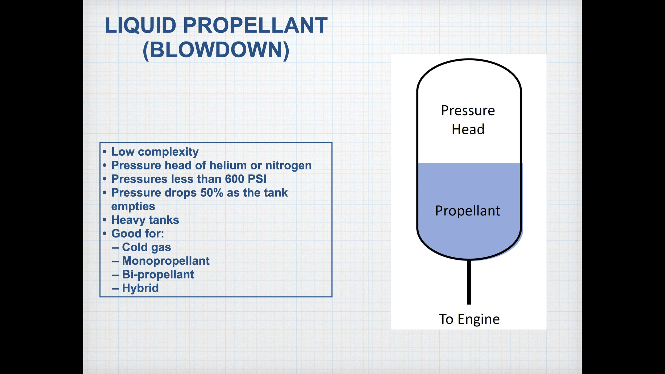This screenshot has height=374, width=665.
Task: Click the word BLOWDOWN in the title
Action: pyautogui.click(x=216, y=50)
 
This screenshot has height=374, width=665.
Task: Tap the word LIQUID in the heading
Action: pyautogui.click(x=140, y=26)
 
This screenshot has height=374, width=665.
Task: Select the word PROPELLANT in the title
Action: pyautogui.click(x=255, y=26)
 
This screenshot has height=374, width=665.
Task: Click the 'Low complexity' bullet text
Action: pyautogui.click(x=155, y=152)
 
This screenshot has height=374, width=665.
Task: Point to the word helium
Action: pyautogui.click(x=228, y=165)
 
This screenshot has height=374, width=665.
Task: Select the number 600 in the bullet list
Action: pyautogui.click(x=234, y=179)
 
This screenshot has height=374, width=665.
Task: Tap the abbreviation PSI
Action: pyautogui.click(x=257, y=179)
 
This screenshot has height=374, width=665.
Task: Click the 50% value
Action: pyautogui.click(x=212, y=193)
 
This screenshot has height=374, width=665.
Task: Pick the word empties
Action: pyautogui.click(x=133, y=206)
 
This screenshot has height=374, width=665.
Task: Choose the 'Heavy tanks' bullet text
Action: pyautogui.click(x=145, y=220)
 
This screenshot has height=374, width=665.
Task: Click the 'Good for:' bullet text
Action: pyautogui.click(x=138, y=234)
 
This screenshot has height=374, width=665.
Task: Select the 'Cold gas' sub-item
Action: pyautogui.click(x=146, y=247)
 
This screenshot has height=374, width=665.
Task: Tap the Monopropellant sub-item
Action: pyautogui.click(x=166, y=261)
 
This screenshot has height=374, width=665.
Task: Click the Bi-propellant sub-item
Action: pyautogui.click(x=158, y=275)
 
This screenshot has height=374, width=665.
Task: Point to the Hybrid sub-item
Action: pyautogui.click(x=140, y=288)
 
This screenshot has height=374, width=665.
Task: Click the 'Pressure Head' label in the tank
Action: pyautogui.click(x=468, y=120)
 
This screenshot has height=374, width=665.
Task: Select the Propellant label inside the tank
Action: pyautogui.click(x=468, y=211)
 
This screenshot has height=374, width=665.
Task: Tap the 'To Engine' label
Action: pyautogui.click(x=469, y=319)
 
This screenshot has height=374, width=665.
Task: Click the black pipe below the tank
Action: pyautogui.click(x=469, y=282)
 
